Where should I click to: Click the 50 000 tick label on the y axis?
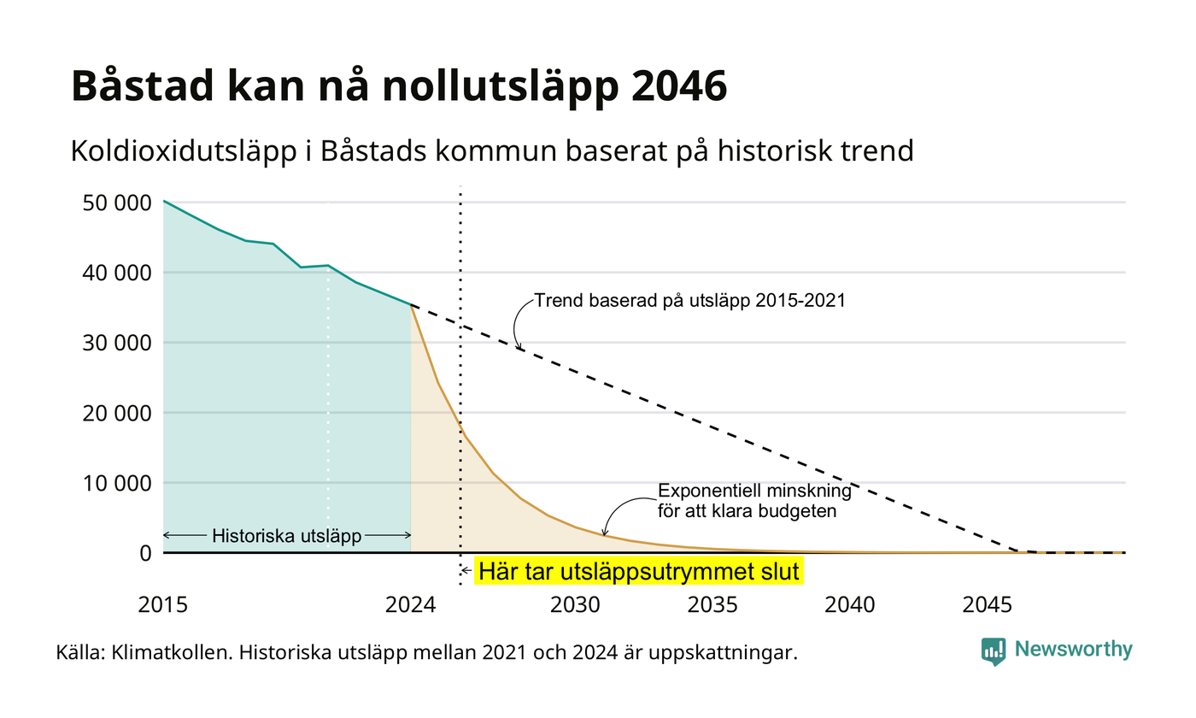tap(117, 203)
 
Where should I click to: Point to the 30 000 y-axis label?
tap(117, 343)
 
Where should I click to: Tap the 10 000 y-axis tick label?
tap(117, 484)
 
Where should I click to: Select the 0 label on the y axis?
tap(146, 554)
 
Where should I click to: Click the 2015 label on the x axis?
tap(163, 605)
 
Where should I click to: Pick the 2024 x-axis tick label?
tap(411, 605)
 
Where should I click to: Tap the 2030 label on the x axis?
tap(576, 605)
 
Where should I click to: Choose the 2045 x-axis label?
tap(988, 605)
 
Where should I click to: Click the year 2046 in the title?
tap(679, 85)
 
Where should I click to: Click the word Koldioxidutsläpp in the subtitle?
tap(184, 151)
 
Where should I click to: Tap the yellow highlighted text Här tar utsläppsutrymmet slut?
tap(639, 571)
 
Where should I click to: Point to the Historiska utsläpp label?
tap(287, 535)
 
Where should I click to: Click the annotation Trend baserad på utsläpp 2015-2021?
tap(690, 300)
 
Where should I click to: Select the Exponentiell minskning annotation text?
tap(754, 491)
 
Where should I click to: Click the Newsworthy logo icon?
tap(993, 651)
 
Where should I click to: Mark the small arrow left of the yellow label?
tap(466, 571)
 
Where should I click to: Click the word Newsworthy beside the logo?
tap(1073, 649)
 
